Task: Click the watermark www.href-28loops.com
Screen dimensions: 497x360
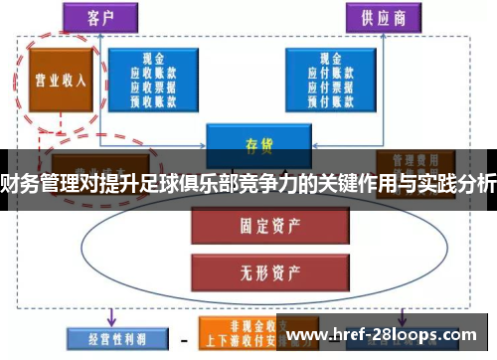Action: pyautogui.click(x=386, y=334)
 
